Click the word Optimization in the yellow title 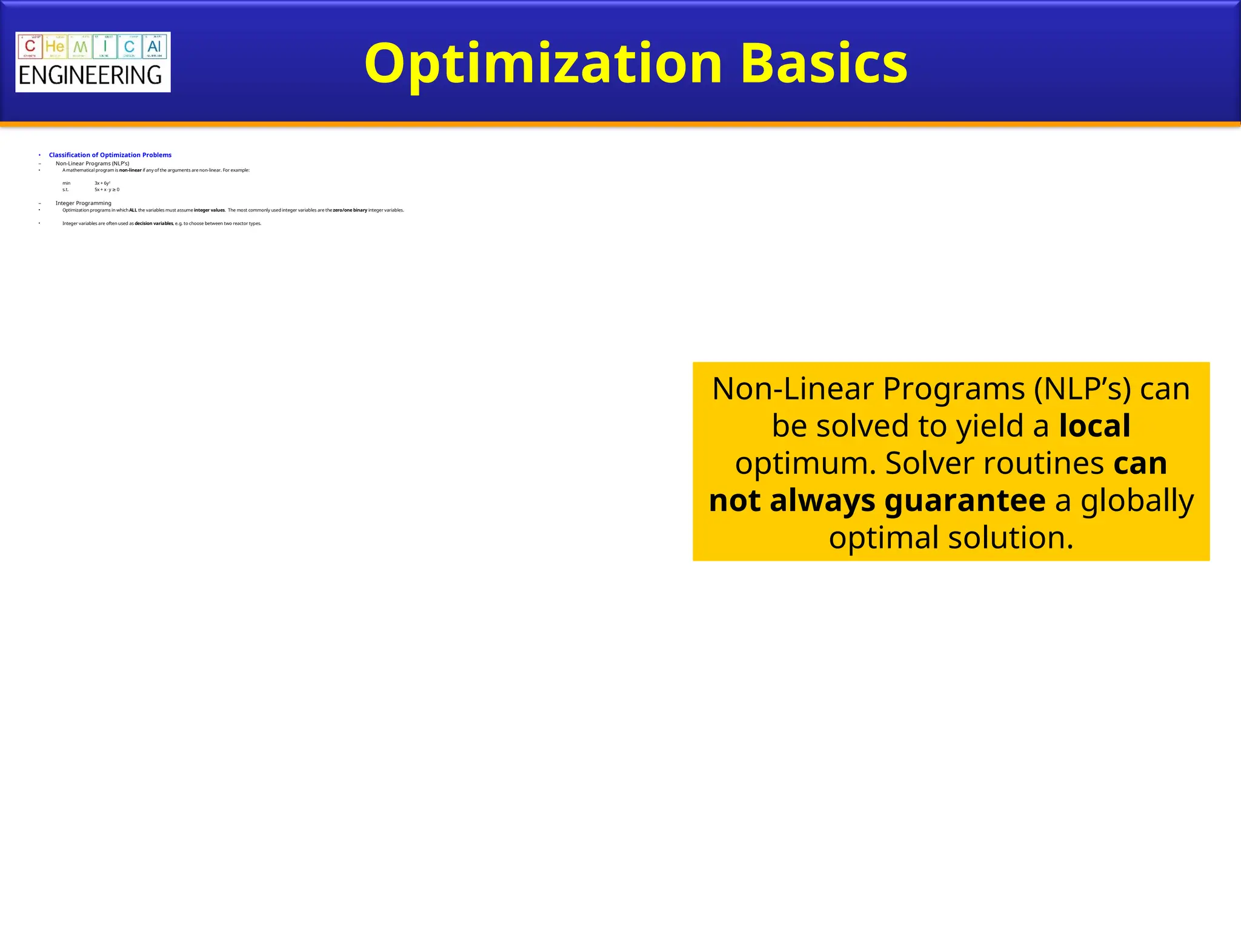[x=543, y=64]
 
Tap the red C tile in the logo [x=30, y=47]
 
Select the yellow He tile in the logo [x=55, y=47]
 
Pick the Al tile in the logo [x=154, y=47]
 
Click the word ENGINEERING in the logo [x=90, y=76]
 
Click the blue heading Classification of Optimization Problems [x=110, y=155]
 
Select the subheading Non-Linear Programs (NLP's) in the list [x=92, y=164]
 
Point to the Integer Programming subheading [x=83, y=203]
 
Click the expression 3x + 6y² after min [x=102, y=183]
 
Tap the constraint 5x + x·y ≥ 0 [x=107, y=190]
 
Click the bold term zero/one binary [x=350, y=210]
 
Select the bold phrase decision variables [x=153, y=224]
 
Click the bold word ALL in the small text [x=133, y=210]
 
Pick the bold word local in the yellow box [x=1094, y=425]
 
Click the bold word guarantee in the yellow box [x=965, y=501]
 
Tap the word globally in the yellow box [x=1137, y=501]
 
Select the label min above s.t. [x=66, y=183]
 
